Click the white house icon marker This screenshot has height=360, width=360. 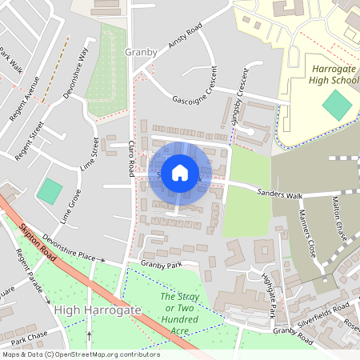[180, 172]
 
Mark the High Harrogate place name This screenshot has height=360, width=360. [98, 309]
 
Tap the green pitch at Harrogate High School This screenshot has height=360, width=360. [337, 106]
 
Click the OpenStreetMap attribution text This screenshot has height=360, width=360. [80, 354]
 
